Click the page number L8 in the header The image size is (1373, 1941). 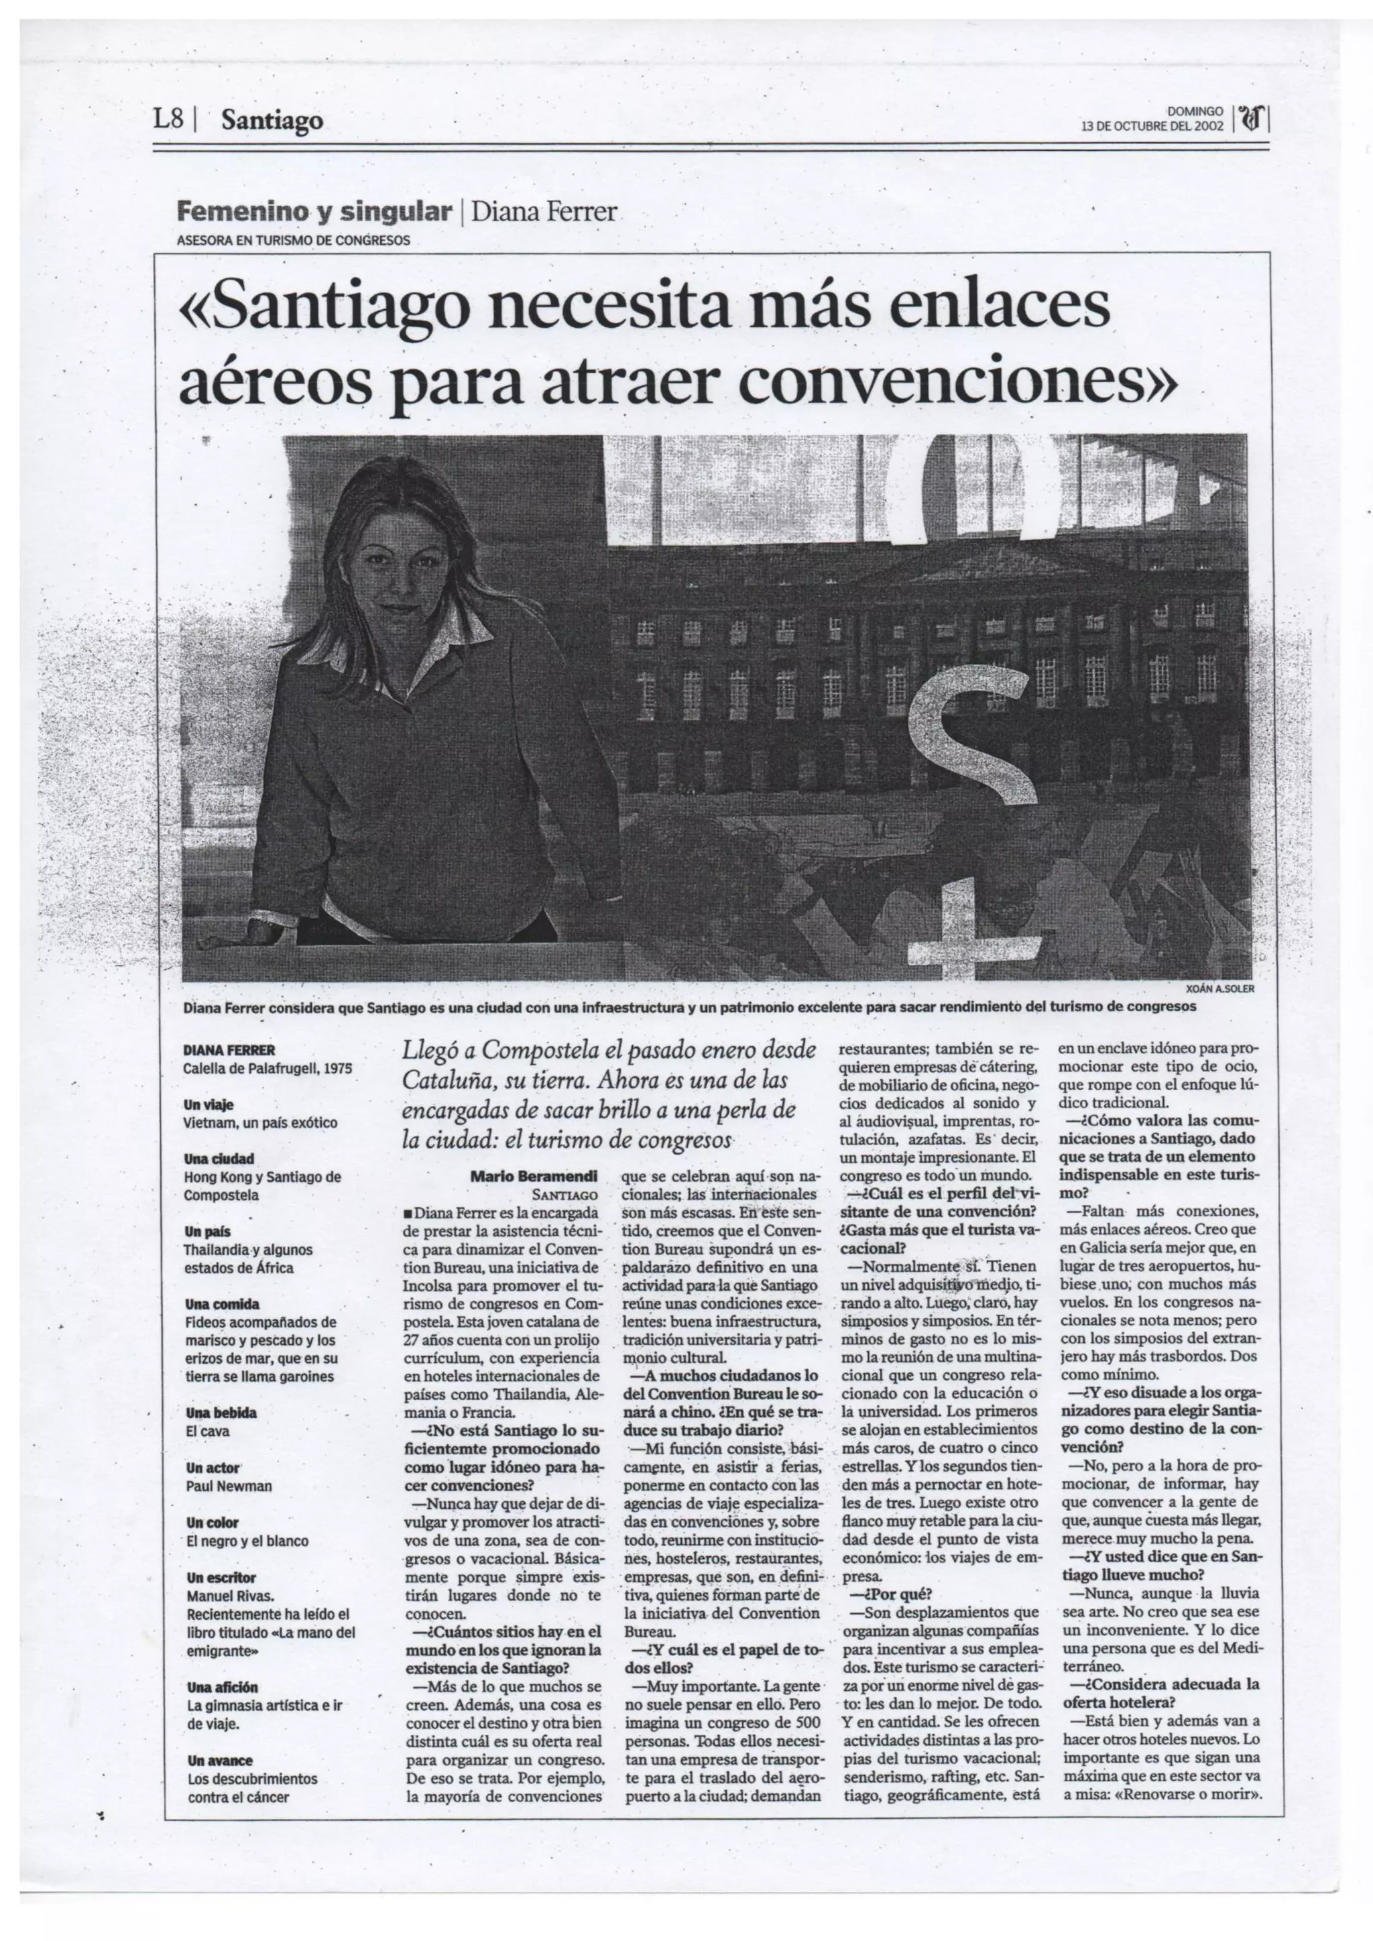(168, 120)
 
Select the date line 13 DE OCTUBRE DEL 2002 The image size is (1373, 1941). (1152, 127)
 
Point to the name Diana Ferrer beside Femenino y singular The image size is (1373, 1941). (544, 211)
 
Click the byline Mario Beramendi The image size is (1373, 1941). (534, 1175)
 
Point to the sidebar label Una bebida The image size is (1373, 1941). (221, 1413)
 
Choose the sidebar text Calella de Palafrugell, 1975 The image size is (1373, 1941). (267, 1069)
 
